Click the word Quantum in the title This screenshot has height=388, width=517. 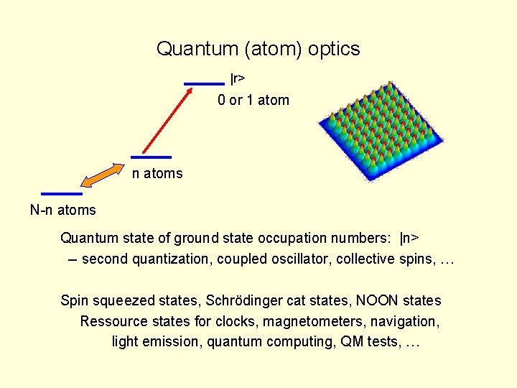(197, 49)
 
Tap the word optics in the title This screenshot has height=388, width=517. (334, 50)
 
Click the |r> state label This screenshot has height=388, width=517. (238, 79)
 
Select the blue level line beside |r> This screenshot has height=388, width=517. (204, 84)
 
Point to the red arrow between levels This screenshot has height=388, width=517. (167, 121)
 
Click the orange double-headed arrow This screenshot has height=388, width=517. (103, 175)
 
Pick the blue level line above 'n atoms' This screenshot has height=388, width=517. (151, 157)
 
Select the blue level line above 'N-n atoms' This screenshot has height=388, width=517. (62, 194)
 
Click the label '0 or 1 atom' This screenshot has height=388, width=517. (253, 100)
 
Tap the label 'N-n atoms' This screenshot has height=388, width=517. (63, 210)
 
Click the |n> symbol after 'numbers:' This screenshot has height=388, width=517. (409, 239)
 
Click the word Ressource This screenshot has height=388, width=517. (113, 321)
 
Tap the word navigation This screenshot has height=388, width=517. (405, 322)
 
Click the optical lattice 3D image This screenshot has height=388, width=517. (381, 131)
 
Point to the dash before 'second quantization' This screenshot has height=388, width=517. (73, 259)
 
